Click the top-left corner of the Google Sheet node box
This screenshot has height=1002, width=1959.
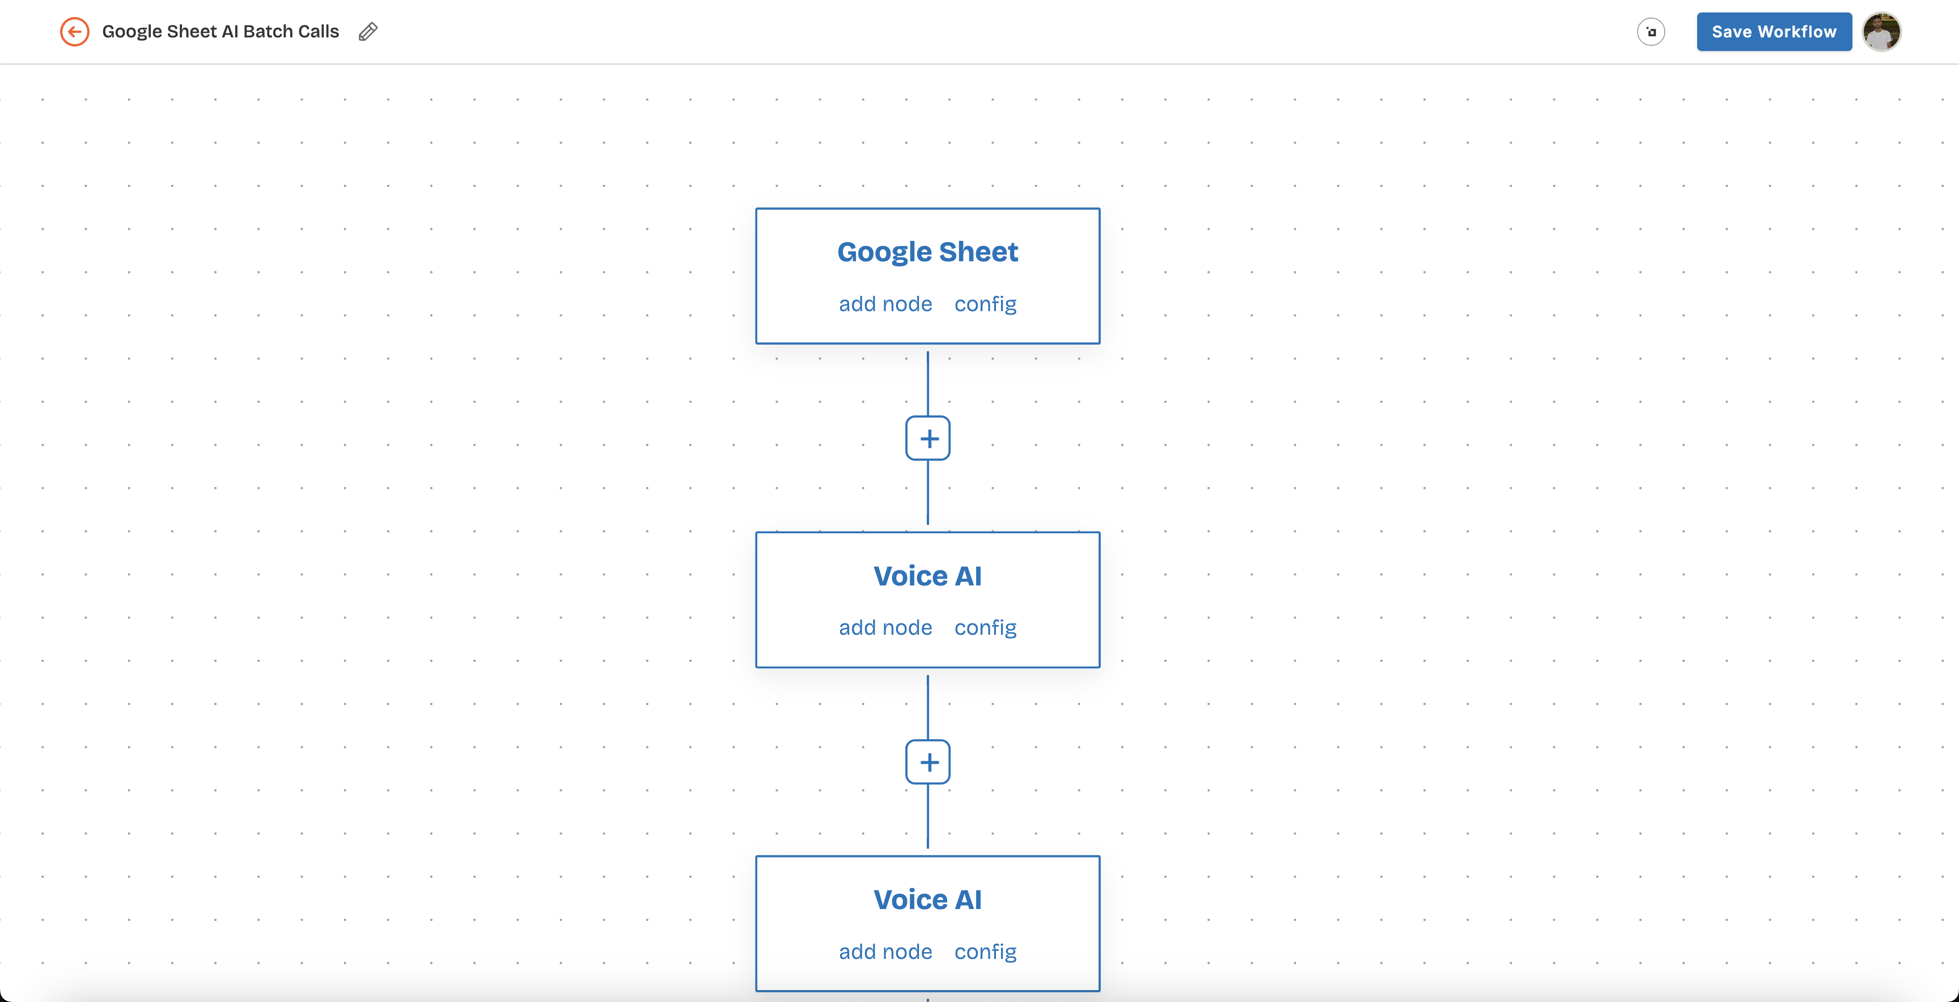[756, 209]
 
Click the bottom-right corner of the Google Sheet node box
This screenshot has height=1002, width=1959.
[1100, 343]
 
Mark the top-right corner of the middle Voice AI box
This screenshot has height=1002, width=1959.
[1100, 532]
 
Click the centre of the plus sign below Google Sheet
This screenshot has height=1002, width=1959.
[928, 439]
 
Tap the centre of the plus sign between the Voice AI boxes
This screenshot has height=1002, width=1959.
[928, 762]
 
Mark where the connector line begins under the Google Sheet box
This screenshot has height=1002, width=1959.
[928, 352]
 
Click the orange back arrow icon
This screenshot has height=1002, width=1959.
[74, 32]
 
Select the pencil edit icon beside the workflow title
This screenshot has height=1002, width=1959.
[368, 32]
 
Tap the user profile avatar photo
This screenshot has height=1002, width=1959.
[1881, 32]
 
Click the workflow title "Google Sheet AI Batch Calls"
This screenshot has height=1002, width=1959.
[221, 32]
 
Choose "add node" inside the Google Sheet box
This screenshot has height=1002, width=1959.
[885, 304]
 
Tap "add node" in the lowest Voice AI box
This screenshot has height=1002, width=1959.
[885, 952]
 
